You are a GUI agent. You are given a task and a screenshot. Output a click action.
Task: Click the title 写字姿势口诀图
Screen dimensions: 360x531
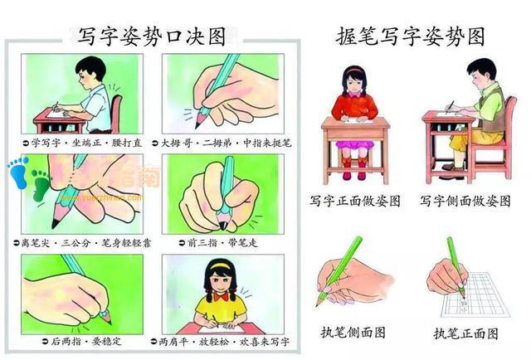point(151,35)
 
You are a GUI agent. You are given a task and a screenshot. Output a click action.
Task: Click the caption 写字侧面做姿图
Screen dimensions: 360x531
point(465,201)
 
